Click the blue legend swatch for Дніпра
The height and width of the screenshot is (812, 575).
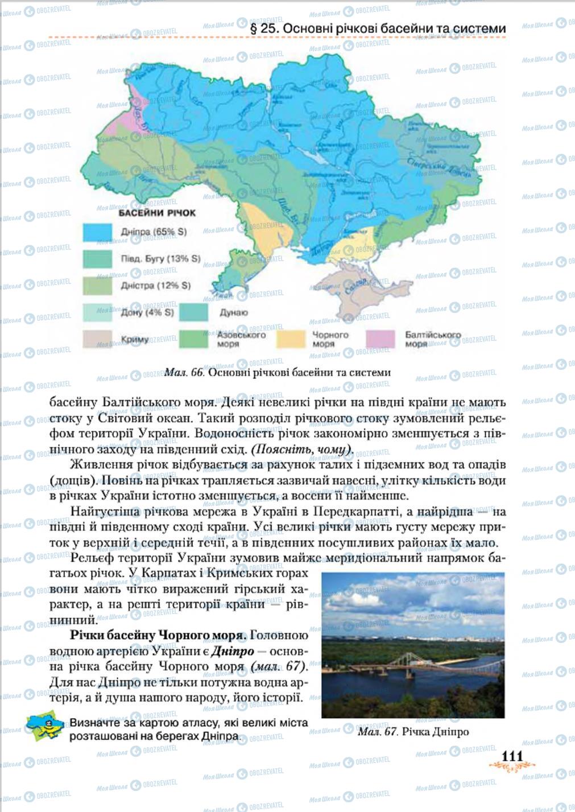(98, 232)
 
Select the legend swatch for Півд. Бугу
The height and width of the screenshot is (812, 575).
(98, 259)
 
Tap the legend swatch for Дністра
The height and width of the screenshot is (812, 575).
(98, 286)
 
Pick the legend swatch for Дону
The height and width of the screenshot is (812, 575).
(98, 312)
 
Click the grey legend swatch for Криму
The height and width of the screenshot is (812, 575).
(98, 339)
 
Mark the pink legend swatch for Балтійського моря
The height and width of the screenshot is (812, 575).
(380, 339)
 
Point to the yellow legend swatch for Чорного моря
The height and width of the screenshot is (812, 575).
(291, 339)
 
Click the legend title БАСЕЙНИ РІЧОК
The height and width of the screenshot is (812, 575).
(157, 213)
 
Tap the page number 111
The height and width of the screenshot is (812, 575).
(511, 756)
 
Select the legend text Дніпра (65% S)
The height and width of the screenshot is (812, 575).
(154, 232)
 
